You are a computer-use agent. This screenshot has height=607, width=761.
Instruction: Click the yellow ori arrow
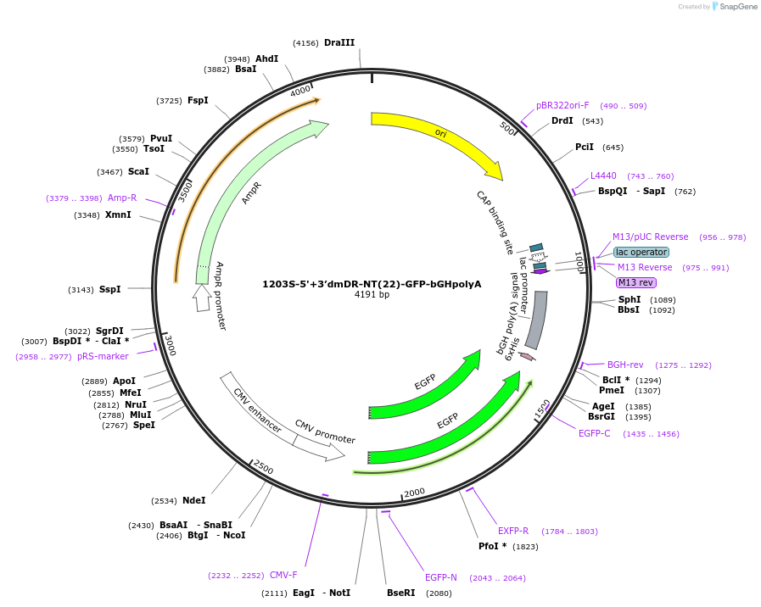point(441,136)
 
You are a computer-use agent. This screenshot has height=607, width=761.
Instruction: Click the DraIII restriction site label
point(339,42)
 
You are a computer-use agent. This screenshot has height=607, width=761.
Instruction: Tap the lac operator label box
point(641,252)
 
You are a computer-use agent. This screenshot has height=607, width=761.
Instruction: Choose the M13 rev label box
point(635,282)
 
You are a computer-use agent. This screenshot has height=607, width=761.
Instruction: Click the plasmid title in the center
point(372,284)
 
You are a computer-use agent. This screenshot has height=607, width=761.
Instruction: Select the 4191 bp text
point(372,295)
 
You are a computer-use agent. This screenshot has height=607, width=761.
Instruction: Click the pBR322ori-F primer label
point(562,106)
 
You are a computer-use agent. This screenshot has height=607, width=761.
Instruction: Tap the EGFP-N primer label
point(441,577)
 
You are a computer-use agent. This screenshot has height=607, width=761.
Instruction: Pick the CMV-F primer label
point(283,575)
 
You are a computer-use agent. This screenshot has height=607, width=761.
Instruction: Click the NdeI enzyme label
point(194,500)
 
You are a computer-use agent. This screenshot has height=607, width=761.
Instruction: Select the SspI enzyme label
point(110,289)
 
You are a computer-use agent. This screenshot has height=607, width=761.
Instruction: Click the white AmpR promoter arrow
point(201,298)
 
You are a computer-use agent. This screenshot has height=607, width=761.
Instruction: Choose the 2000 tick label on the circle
point(414,493)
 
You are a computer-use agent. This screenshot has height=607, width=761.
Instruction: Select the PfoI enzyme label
point(492,546)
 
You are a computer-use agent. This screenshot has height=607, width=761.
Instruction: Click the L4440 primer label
point(603,176)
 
